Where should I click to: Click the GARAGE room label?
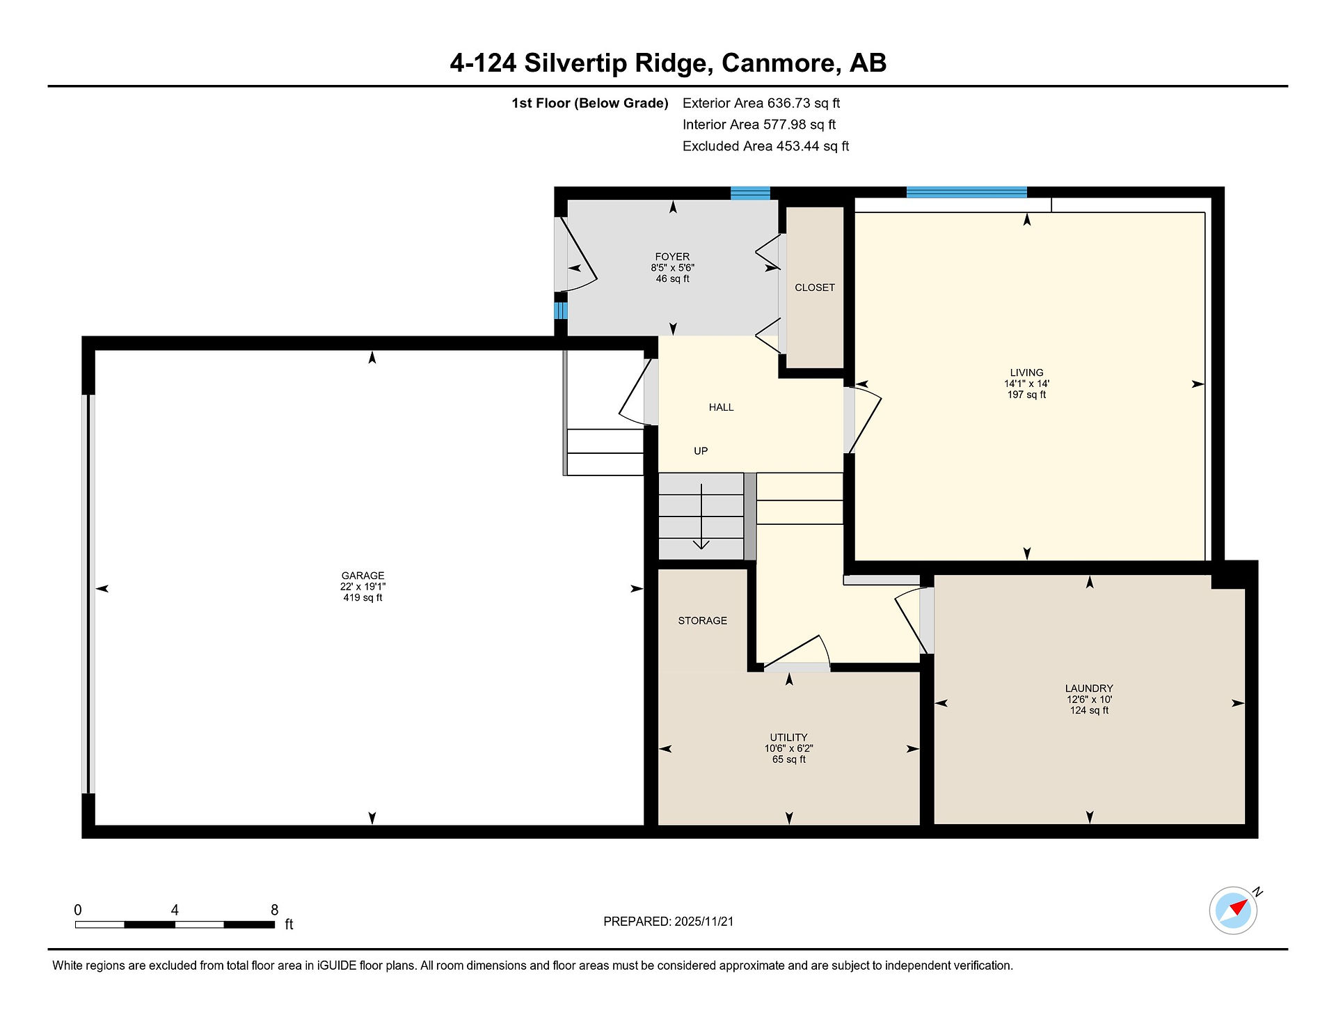click(x=363, y=576)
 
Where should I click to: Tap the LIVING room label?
click(x=1026, y=372)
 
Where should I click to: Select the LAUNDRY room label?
click(x=1089, y=688)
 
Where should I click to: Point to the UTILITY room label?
click(x=788, y=737)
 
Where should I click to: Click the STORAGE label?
click(x=702, y=621)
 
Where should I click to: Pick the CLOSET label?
click(x=815, y=287)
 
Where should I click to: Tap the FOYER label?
click(x=672, y=257)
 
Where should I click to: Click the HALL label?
click(x=721, y=407)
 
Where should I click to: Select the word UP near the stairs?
click(x=701, y=451)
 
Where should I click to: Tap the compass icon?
click(x=1234, y=910)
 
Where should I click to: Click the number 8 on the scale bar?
click(x=274, y=910)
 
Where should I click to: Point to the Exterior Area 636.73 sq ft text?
click(x=761, y=103)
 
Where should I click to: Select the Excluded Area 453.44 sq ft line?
click(x=765, y=146)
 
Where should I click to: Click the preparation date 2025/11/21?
click(x=703, y=922)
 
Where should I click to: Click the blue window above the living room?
click(x=967, y=192)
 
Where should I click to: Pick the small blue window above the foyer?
click(x=750, y=193)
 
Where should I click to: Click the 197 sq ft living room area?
click(x=1026, y=395)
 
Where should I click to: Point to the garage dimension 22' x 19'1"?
click(x=363, y=587)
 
